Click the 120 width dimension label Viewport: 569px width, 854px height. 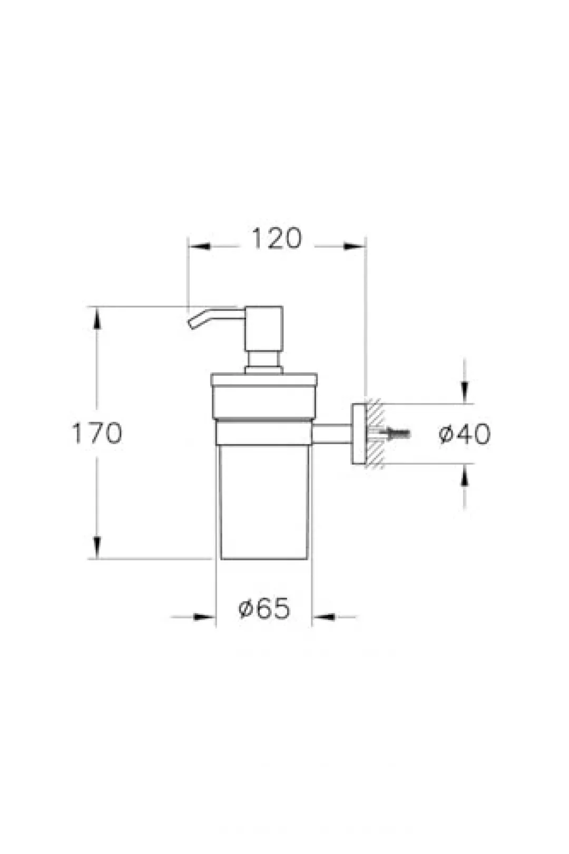pos(277,239)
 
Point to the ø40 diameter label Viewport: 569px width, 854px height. pos(465,434)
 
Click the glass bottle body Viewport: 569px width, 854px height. pos(264,502)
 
